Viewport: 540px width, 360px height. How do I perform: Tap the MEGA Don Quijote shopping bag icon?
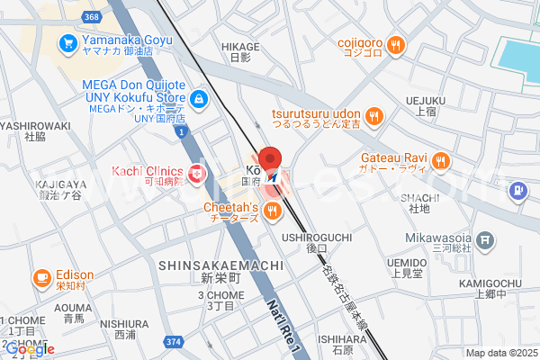(199, 99)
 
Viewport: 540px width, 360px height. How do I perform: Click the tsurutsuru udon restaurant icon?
(374, 115)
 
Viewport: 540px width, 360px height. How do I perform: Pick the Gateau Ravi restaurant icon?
(440, 161)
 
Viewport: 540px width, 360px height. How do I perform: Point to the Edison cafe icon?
(41, 278)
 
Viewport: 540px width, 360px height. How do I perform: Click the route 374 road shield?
(175, 341)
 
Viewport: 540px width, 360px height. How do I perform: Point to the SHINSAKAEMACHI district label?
(220, 266)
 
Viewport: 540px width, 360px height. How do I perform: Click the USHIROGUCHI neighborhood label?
(316, 237)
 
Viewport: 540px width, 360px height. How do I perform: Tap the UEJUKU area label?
(426, 100)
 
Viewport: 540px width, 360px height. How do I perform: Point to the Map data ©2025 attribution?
(499, 353)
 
